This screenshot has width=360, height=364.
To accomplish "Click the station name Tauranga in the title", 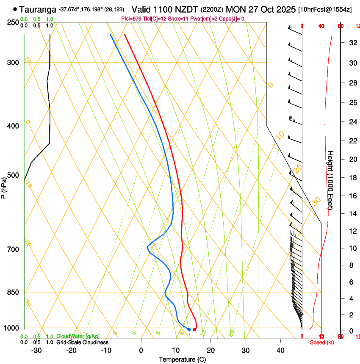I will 38,9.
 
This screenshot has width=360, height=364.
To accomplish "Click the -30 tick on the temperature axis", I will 36,350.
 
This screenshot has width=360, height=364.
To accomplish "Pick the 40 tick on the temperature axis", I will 280,350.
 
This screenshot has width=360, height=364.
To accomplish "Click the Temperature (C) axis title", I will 182,359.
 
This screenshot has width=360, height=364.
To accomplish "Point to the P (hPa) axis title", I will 4,187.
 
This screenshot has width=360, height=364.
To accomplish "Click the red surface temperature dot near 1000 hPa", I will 194,329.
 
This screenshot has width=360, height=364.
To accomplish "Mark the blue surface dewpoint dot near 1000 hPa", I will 189,329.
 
